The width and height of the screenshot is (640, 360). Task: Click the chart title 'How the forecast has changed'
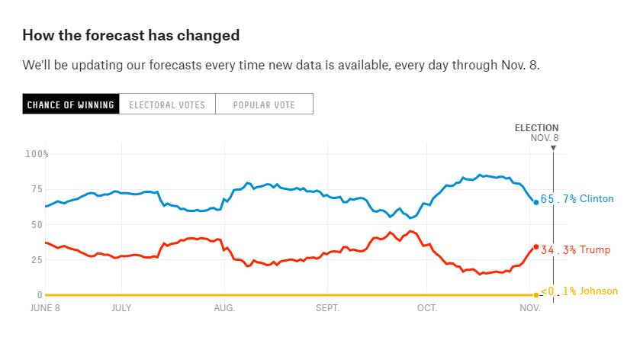tap(130, 35)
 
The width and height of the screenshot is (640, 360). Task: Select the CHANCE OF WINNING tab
tap(70, 104)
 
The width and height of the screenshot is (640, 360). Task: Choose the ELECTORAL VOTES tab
tap(167, 104)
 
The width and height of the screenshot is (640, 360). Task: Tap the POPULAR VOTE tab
tap(264, 104)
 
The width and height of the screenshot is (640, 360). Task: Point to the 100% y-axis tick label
tap(37, 154)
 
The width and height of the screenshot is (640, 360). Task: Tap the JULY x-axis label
tap(122, 308)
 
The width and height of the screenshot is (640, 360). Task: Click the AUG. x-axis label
tap(224, 308)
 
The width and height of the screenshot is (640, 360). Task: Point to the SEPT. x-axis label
tap(327, 308)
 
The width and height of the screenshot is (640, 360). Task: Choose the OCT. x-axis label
tap(426, 308)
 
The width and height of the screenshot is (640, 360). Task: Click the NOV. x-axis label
tap(530, 308)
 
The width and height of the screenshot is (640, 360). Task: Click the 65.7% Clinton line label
tap(577, 199)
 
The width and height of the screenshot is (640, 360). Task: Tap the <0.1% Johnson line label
tap(579, 291)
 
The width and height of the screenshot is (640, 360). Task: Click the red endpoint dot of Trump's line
tap(535, 247)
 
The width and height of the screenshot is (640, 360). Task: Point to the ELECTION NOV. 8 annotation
tap(537, 132)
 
